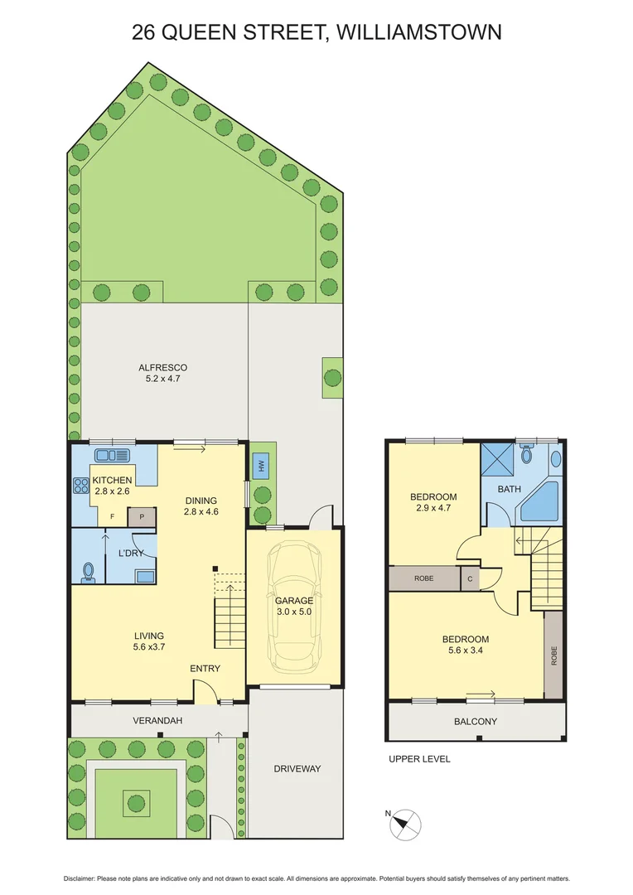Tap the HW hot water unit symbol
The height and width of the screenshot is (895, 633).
point(262,467)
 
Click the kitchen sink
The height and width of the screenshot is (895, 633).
point(112,455)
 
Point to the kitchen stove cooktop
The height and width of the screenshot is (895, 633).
point(82,486)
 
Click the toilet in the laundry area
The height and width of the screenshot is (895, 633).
point(89,571)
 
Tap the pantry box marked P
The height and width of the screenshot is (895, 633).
point(142,516)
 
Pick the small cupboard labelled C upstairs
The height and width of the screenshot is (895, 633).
point(470,578)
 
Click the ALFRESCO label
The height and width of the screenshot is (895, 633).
point(162,367)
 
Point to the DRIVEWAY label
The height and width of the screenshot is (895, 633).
point(297,768)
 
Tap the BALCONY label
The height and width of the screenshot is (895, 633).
point(475,721)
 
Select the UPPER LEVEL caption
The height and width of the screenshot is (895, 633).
point(419,759)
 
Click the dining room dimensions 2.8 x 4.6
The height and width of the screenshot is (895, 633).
point(201,512)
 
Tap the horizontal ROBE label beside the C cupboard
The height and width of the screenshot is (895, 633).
point(423,578)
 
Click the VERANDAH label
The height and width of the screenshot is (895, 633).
point(157,721)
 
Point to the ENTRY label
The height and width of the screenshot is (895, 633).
point(205,669)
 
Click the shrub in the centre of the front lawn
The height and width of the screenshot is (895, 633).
point(136,801)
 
